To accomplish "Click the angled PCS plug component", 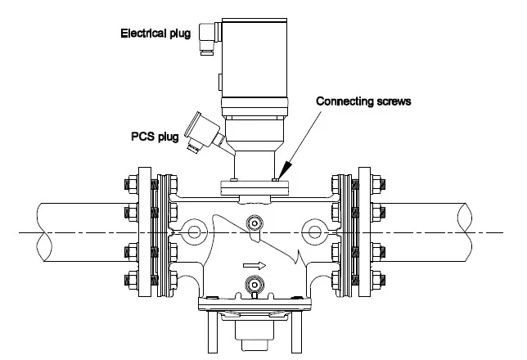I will [x=201, y=132].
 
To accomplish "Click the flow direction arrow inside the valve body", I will [x=254, y=265].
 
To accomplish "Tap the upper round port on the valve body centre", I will [x=255, y=223].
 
